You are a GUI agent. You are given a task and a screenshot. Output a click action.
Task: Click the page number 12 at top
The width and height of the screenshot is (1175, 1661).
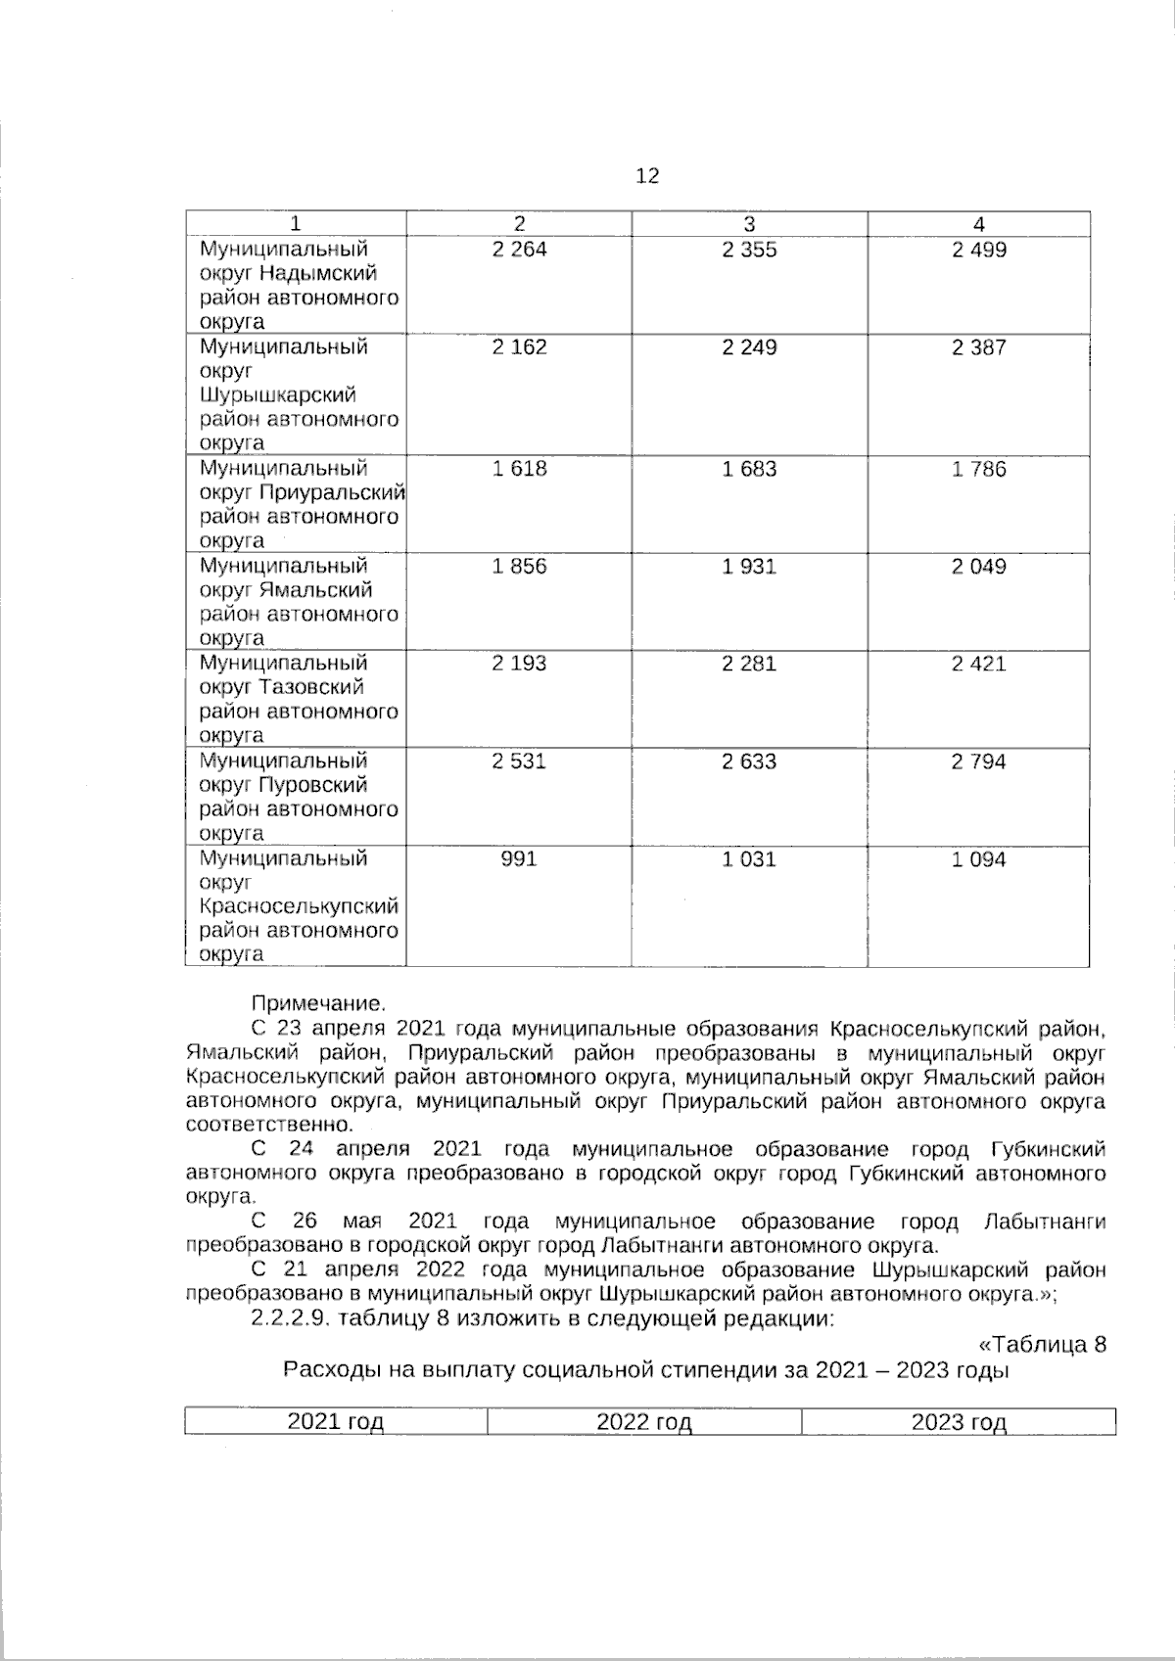click(647, 176)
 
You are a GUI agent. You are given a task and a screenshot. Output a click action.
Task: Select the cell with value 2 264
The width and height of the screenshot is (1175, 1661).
click(519, 250)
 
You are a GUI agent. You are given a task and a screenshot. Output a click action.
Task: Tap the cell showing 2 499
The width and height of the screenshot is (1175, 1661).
click(978, 250)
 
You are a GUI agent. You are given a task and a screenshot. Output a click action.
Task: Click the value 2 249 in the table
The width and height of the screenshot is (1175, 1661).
click(749, 347)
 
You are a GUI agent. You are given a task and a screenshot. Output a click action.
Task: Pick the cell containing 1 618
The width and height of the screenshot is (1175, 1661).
click(519, 469)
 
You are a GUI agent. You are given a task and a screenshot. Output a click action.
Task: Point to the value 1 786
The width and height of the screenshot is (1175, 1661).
click(978, 469)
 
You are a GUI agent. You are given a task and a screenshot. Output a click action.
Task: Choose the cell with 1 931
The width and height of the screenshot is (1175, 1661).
click(749, 567)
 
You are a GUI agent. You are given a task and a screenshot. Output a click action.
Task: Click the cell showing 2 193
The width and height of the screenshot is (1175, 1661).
click(519, 664)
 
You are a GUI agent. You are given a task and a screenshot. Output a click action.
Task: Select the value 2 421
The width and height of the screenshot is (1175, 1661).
click(978, 664)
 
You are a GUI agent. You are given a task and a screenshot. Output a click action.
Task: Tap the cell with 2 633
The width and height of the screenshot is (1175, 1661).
click(749, 761)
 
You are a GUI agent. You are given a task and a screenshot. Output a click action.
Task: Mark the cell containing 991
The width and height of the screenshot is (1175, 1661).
click(519, 859)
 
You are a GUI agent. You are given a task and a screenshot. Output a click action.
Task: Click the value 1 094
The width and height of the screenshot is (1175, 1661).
click(978, 859)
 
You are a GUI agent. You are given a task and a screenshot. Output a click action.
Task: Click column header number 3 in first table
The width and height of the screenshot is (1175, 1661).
click(749, 223)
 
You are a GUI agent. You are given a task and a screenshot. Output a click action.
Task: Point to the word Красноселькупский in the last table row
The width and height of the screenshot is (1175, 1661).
click(299, 906)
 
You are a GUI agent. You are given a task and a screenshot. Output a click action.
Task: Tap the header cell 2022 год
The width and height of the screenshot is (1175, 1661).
click(643, 1422)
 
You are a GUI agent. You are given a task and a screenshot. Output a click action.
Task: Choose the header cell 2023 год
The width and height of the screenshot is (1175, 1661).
click(958, 1422)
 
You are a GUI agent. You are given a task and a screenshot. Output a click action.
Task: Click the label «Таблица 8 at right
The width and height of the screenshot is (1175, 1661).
click(1043, 1344)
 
